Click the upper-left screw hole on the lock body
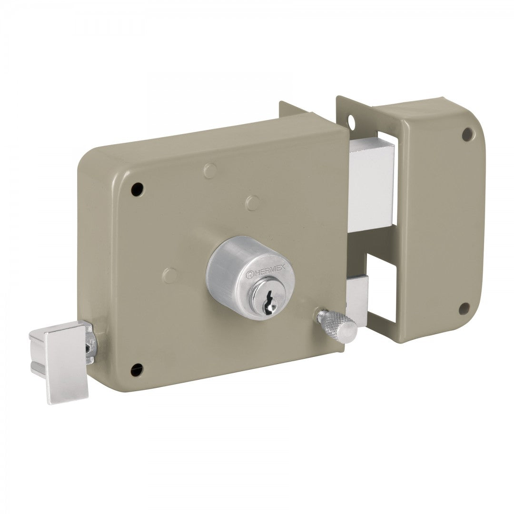[x=138, y=189]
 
